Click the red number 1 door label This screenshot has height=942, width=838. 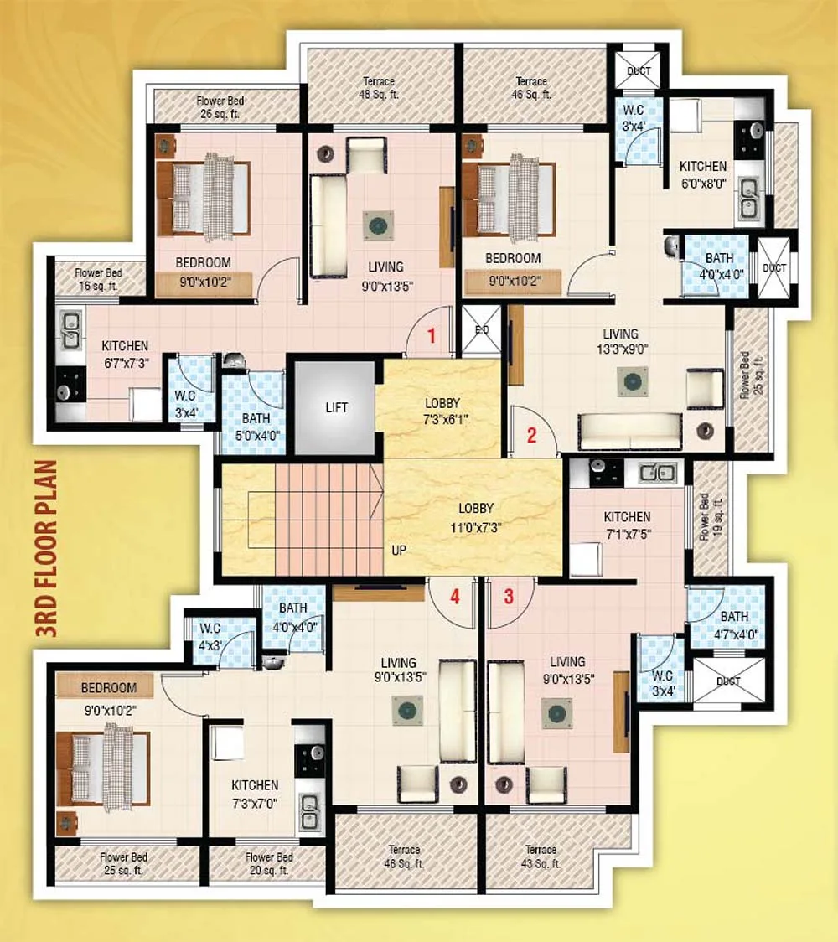click(432, 336)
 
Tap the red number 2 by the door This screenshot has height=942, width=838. click(531, 435)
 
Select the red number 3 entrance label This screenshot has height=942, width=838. click(509, 597)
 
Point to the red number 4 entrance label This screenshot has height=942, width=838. click(455, 597)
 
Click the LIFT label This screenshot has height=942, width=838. click(336, 408)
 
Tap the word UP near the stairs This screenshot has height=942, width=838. click(399, 551)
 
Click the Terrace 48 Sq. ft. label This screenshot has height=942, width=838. click(379, 88)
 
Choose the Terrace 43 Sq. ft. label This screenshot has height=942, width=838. click(541, 857)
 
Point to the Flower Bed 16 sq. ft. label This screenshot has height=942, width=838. click(99, 279)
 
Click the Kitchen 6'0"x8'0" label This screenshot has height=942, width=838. click(703, 175)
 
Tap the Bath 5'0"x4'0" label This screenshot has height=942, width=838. click(256, 427)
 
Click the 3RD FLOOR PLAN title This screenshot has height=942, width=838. click(47, 548)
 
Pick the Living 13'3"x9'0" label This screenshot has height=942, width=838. click(621, 341)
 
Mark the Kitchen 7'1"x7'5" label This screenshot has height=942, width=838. click(627, 525)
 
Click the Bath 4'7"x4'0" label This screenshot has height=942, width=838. click(735, 625)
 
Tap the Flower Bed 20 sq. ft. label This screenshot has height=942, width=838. click(269, 864)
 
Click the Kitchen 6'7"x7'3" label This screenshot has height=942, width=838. click(125, 355)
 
